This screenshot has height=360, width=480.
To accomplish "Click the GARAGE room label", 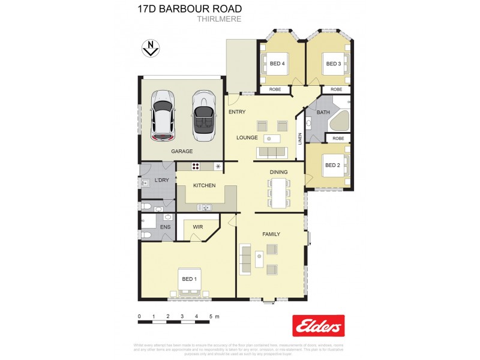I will tap(182, 151).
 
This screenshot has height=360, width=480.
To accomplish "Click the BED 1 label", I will tap(188, 280).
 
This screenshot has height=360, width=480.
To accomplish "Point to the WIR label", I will tap(199, 227).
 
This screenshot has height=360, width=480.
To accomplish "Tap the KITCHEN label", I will tap(204, 185).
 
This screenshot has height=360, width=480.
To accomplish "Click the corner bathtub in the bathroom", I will tap(340, 122).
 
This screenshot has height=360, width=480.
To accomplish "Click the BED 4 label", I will tap(277, 64).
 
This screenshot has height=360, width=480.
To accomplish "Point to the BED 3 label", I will tap(333, 64).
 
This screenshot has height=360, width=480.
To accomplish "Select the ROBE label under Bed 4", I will tap(275, 89).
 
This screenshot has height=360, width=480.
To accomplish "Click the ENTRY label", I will tap(238, 112).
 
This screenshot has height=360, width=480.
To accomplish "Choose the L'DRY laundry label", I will tap(161, 180).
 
